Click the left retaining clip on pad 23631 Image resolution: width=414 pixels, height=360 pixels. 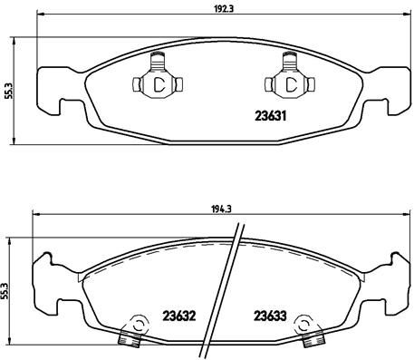[157, 82]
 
